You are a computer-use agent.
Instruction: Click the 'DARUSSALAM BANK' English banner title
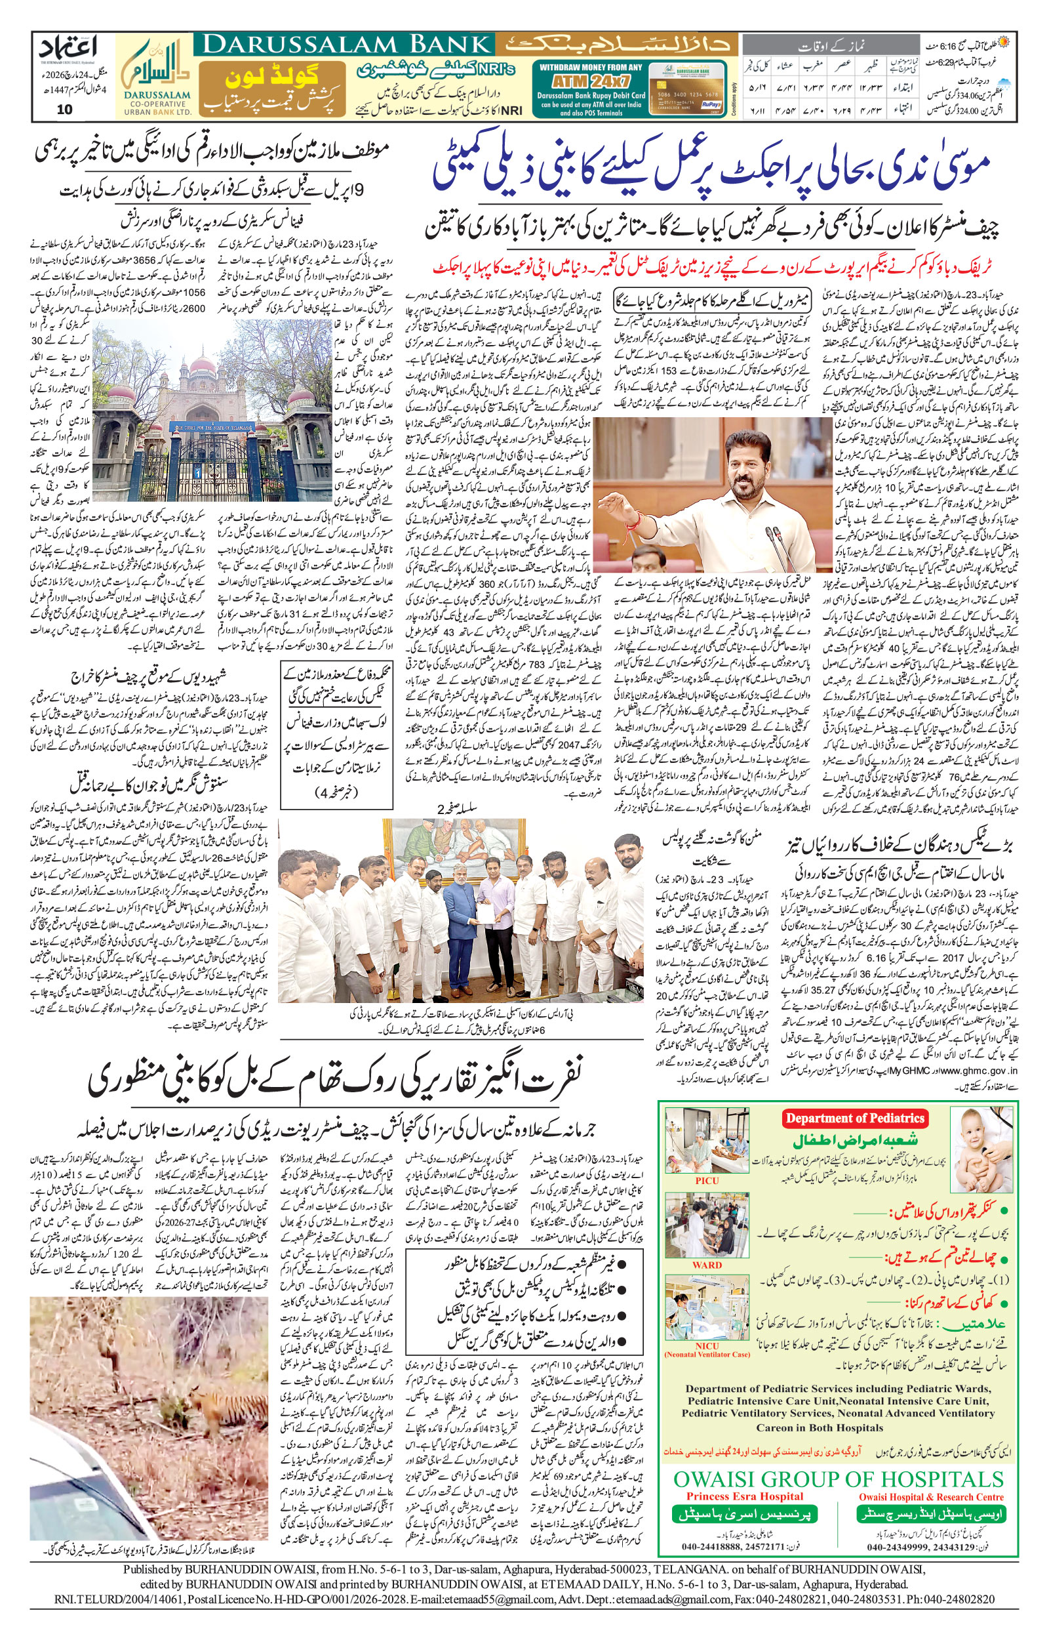pos(347,45)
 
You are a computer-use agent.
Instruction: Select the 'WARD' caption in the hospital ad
pos(706,1265)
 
